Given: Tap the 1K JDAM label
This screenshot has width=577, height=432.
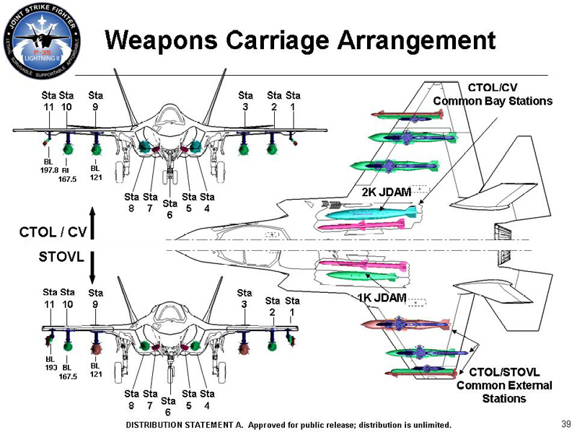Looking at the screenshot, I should tap(382, 297).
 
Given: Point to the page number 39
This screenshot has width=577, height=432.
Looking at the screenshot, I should tap(565, 423).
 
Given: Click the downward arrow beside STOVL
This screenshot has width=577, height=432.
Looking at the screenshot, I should tap(92, 268).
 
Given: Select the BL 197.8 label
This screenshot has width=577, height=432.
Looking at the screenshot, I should tap(48, 166).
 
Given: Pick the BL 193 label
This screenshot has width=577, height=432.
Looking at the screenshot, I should tap(50, 362).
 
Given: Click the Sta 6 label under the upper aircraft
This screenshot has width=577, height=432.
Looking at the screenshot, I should tap(169, 208).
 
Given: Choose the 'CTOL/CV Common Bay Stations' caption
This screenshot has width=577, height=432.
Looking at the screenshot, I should tap(493, 94).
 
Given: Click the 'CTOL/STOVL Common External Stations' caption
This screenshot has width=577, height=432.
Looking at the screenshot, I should tap(504, 385).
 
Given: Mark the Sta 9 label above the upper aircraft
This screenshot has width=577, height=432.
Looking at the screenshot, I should tap(95, 101).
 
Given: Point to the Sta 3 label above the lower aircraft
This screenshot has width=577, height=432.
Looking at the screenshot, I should tap(245, 299).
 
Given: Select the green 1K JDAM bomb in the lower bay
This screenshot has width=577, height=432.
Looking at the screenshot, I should tap(361, 275).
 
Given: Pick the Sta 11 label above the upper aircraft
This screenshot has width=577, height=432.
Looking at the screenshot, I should tap(48, 101).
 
